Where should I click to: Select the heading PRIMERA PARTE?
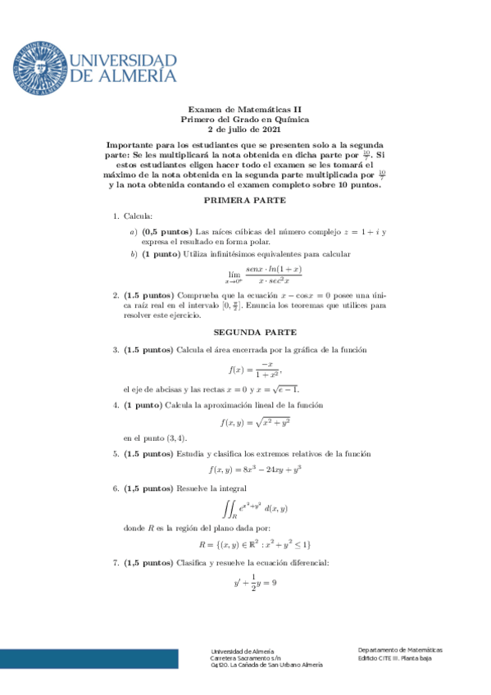(245, 200)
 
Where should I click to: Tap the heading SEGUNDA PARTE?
(245, 333)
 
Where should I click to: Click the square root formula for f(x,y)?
(256, 423)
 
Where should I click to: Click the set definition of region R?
(254, 544)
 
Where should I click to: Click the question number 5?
(116, 453)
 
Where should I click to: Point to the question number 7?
(116, 562)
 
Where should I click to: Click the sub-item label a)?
(134, 232)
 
